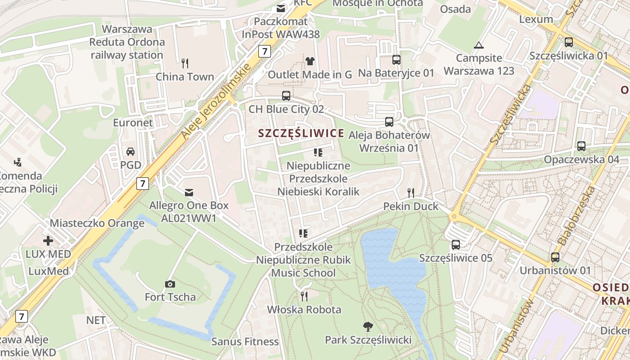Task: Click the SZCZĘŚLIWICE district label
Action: click(x=301, y=133)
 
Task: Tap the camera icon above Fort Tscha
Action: click(x=170, y=284)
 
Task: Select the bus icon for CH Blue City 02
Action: click(x=286, y=95)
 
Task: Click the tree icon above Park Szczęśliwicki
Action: click(x=368, y=326)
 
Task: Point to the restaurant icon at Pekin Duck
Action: click(x=410, y=193)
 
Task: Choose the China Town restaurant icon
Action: click(x=184, y=63)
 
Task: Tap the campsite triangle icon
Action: click(x=478, y=45)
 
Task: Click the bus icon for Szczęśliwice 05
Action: click(x=456, y=245)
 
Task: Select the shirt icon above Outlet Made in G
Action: click(x=310, y=61)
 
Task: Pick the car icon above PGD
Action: click(x=130, y=152)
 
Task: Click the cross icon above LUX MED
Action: click(x=48, y=241)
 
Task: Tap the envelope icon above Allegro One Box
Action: click(x=189, y=193)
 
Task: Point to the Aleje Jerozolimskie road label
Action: click(x=216, y=102)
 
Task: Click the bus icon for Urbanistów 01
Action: click(x=555, y=257)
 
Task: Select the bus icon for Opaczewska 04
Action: click(x=581, y=146)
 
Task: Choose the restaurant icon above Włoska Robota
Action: click(x=304, y=296)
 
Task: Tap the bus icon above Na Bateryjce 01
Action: click(x=396, y=60)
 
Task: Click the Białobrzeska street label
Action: click(x=577, y=216)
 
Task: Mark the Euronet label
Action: click(x=133, y=123)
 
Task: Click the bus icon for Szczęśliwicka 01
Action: click(x=569, y=42)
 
